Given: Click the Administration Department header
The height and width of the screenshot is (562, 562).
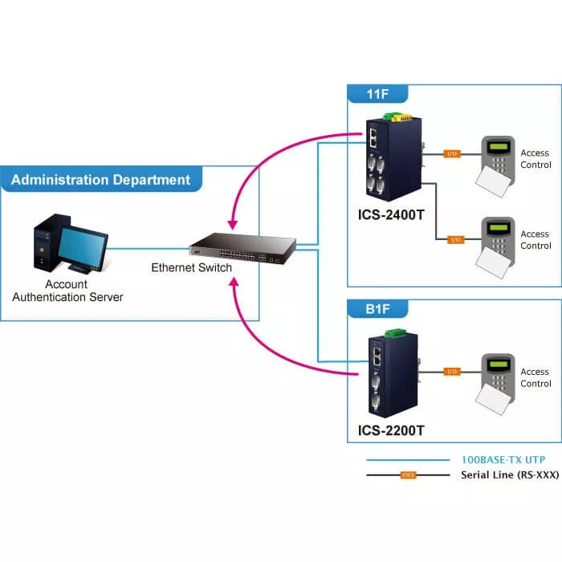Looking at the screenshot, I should click(x=101, y=180).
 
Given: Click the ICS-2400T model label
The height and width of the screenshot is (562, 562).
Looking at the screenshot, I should click(x=391, y=216).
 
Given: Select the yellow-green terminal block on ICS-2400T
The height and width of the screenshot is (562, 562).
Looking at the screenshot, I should click(x=391, y=117).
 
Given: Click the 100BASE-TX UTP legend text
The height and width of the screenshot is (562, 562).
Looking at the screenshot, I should click(x=502, y=460).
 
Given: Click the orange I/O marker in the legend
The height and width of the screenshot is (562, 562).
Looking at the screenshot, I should click(x=409, y=475).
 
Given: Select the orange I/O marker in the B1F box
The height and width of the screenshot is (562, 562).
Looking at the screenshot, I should click(x=452, y=372).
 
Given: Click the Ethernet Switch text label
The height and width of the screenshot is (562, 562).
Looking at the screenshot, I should click(x=191, y=268).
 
